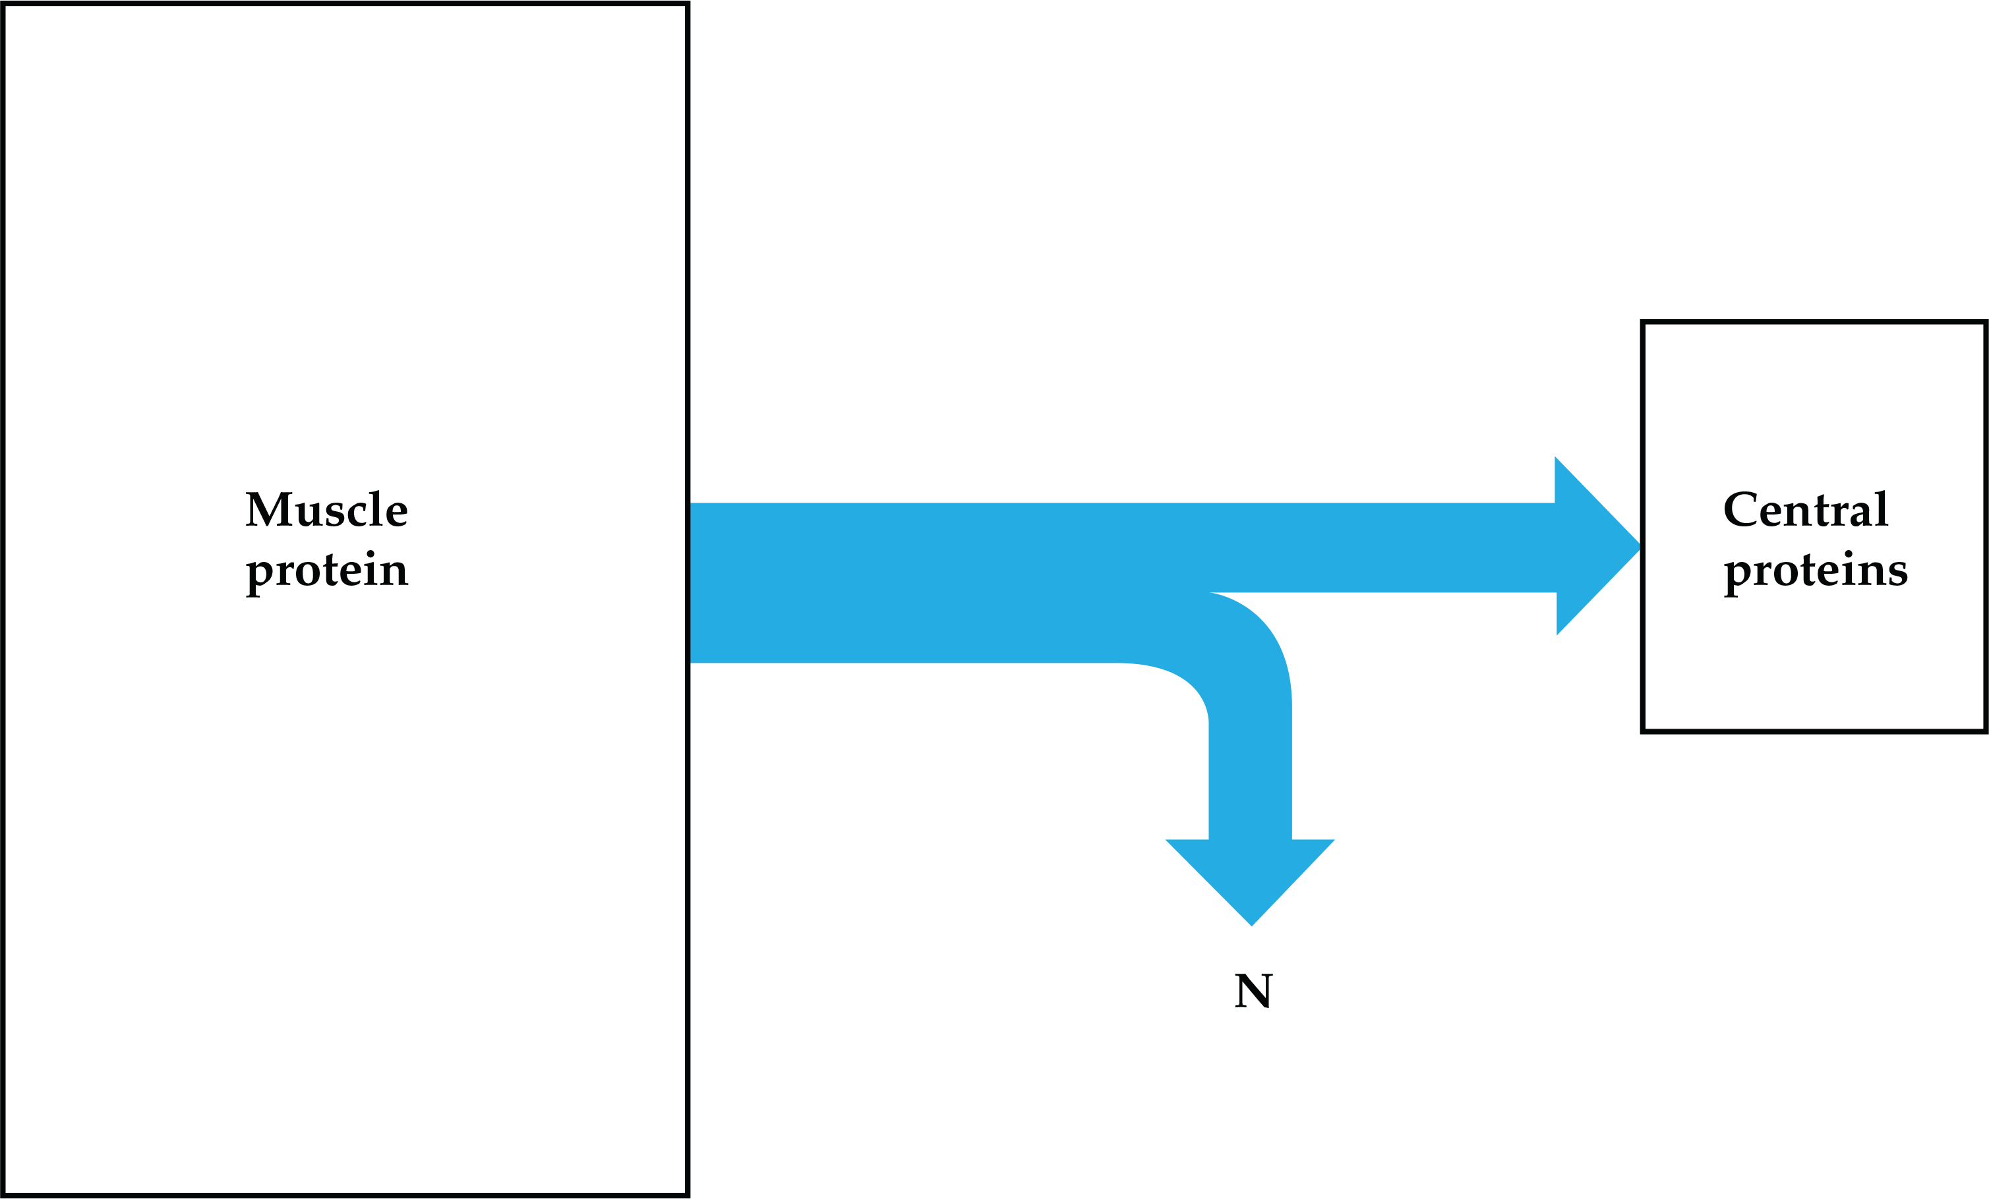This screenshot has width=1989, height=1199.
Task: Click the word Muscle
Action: click(x=327, y=509)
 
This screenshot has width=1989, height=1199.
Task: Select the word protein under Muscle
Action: click(x=327, y=572)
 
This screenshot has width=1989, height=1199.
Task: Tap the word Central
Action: click(x=1806, y=509)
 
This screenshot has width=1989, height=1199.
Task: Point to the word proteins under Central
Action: click(x=1816, y=572)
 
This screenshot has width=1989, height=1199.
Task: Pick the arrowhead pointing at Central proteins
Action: click(x=1592, y=546)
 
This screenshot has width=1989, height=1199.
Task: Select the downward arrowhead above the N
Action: click(x=1251, y=878)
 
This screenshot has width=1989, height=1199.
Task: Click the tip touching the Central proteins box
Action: click(x=1640, y=547)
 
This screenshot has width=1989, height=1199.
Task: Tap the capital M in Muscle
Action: click(x=268, y=509)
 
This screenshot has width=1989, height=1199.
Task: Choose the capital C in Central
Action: click(x=1740, y=509)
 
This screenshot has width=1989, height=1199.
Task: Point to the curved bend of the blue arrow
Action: click(x=1235, y=661)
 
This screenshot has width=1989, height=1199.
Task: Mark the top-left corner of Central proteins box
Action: click(x=1644, y=323)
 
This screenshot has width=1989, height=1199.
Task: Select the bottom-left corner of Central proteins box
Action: click(x=1644, y=731)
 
